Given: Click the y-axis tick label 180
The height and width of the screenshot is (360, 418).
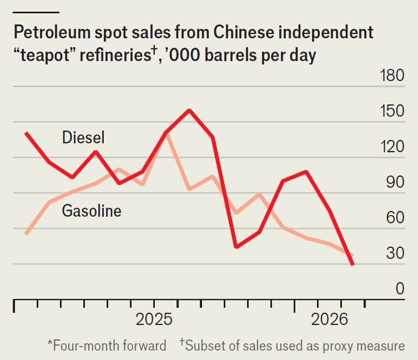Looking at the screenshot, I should click(x=392, y=76).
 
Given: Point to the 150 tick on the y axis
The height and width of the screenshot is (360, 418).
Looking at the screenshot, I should click(x=392, y=112).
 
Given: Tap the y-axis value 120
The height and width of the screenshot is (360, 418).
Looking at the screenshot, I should click(x=392, y=147).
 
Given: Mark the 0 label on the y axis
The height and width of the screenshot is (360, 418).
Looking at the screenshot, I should click(x=399, y=289).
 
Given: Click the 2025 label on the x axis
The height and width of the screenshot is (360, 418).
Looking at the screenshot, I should click(x=154, y=321).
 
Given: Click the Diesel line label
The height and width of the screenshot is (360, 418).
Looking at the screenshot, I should click(x=83, y=137).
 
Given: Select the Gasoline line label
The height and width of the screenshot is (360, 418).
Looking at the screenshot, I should click(x=92, y=211).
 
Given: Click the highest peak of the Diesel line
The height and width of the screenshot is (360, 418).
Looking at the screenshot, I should click(x=189, y=110).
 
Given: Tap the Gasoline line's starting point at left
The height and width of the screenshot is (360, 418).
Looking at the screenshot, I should click(x=26, y=234).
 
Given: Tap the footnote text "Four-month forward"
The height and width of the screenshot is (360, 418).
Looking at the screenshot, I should click(x=109, y=346).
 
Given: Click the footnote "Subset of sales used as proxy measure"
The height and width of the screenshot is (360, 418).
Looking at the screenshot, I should click(x=295, y=346).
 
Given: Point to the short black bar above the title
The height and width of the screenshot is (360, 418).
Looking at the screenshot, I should click(x=36, y=12).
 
